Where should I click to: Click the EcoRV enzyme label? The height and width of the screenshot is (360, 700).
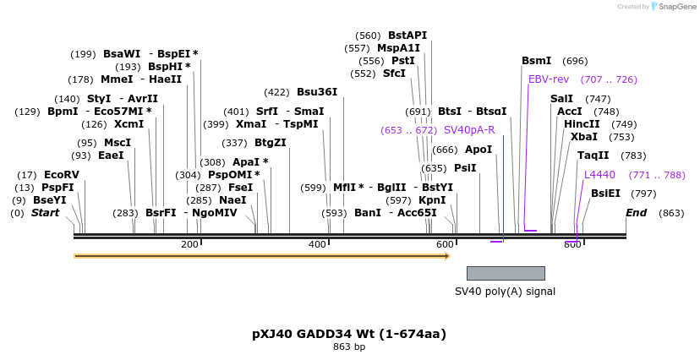coord(61,175)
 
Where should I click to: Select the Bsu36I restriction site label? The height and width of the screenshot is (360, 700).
coord(317,92)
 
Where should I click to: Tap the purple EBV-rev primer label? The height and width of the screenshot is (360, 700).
coord(549,79)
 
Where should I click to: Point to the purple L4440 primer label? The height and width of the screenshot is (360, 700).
coord(599,175)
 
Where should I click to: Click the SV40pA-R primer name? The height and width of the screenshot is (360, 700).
coord(469,130)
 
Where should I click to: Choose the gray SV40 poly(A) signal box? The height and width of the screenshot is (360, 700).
coord(506,273)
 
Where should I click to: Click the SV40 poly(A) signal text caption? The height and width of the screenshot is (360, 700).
coord(505,292)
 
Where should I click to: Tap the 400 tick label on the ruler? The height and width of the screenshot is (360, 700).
coord(317,245)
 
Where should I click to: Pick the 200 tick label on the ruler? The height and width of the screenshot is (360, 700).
coord(189,245)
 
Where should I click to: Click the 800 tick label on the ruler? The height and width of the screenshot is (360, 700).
coord(572,245)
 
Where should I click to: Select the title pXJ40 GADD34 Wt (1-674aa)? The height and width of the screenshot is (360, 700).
coord(349,334)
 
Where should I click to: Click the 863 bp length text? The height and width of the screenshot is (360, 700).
coord(349,347)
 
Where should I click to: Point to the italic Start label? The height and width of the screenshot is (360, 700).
coord(46,213)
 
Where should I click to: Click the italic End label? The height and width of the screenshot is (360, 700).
coord(636,213)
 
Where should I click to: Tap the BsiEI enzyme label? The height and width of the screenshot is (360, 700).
coord(605,194)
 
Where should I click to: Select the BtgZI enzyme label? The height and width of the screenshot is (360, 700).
coord(271,143)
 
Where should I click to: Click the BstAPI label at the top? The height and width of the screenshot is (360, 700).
coord(407,35)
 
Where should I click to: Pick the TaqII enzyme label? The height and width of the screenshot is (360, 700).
coord(593,155)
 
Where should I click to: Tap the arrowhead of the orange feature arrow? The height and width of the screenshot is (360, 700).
coord(447,255)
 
